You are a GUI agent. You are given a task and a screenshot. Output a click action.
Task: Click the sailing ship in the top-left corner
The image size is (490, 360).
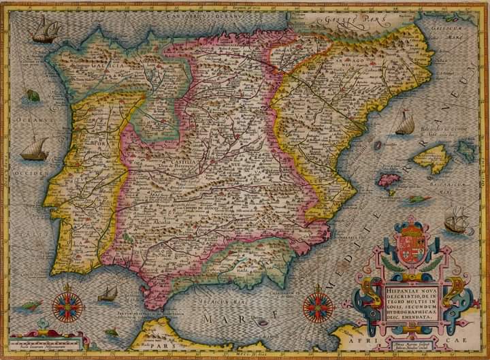coord(46,29)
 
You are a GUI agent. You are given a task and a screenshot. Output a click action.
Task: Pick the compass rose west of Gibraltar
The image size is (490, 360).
coord(67,306)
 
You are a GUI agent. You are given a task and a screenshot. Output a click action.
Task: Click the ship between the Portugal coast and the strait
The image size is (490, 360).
coord(108,294)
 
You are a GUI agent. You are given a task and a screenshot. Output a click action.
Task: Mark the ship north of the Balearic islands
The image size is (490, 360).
coord(405,123)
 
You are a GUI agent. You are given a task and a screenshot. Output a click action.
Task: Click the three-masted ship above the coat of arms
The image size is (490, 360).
coord(456,221)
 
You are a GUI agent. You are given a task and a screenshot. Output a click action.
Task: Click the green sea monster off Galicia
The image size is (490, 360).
coord(33,96)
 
